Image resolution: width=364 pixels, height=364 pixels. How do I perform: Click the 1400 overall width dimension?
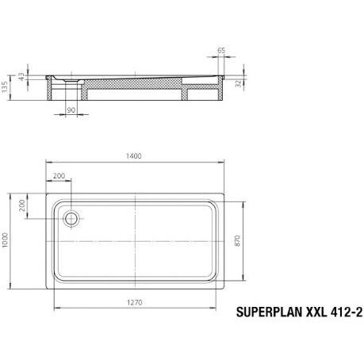point(133,156)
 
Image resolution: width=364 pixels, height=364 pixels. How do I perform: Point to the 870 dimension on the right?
point(235,244)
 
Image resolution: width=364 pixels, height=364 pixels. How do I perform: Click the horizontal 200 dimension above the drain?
point(59,175)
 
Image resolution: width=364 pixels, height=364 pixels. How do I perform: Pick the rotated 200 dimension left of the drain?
point(22,209)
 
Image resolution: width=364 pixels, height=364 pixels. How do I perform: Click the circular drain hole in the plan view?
point(71,217)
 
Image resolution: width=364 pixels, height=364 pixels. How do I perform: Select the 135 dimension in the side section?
point(7,86)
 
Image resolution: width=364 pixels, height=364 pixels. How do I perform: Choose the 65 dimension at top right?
point(220,50)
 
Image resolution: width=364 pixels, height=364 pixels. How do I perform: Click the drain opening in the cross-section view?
point(71,80)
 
